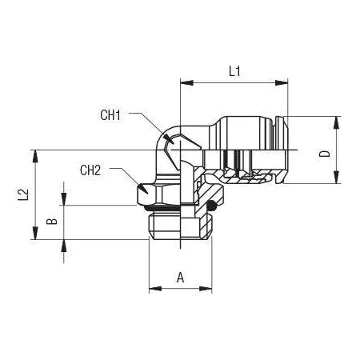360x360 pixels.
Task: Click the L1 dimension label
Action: (x=234, y=71)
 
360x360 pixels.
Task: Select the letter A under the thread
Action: (x=181, y=278)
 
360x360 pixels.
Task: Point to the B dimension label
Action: (x=52, y=221)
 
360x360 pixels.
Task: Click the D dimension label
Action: (x=325, y=154)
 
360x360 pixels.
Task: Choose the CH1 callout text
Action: (x=110, y=115)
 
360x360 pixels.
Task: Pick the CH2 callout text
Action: (x=90, y=170)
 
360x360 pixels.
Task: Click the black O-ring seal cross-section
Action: (x=212, y=205)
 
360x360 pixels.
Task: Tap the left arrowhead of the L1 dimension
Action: (x=186, y=82)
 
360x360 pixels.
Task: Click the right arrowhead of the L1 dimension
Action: (x=282, y=82)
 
